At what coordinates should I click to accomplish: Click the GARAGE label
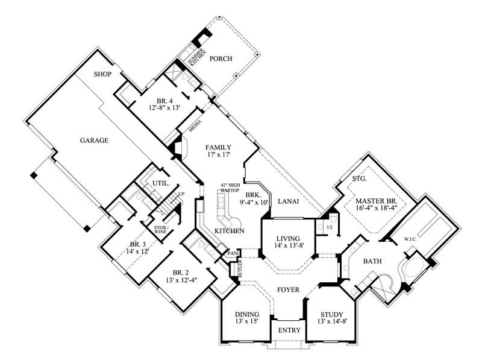click(x=94, y=141)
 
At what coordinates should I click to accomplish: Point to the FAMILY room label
click(x=218, y=147)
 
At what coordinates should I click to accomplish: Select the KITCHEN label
click(x=230, y=231)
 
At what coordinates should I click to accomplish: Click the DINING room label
click(x=247, y=314)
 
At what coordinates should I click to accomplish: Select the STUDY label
click(x=331, y=314)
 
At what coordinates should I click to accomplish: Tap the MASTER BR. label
click(x=374, y=200)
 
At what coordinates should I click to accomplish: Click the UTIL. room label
click(x=161, y=182)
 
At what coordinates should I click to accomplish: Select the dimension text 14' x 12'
click(x=136, y=251)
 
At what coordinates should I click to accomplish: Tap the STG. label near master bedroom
click(x=360, y=178)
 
